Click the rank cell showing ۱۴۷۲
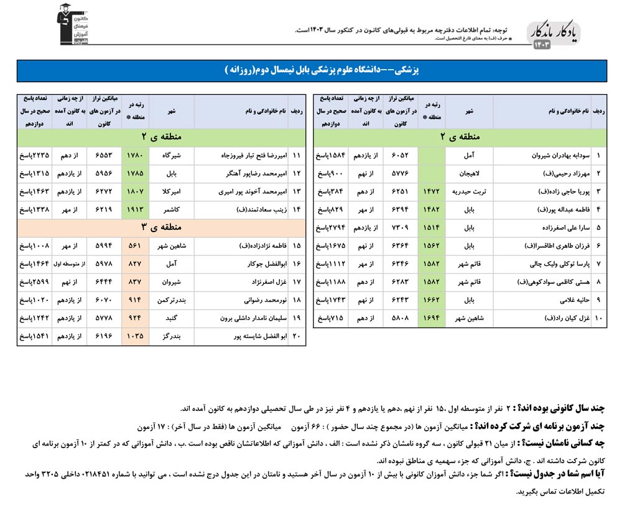432,192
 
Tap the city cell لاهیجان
470,174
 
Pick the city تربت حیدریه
470,192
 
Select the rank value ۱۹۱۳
135,210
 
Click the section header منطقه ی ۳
160,228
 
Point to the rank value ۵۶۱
135,246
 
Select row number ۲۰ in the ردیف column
296,336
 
